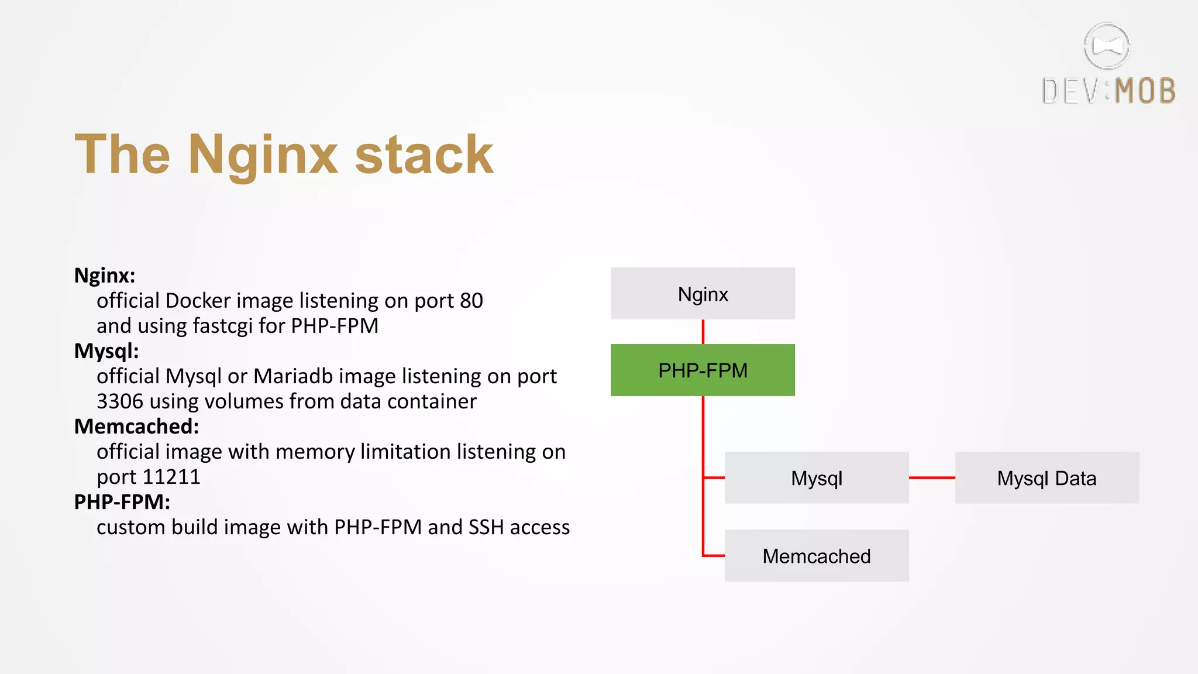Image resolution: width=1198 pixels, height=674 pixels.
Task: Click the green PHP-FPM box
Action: (703, 370)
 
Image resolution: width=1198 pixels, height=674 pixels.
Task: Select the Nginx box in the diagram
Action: (703, 294)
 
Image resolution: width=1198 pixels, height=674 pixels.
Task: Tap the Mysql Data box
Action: (1046, 477)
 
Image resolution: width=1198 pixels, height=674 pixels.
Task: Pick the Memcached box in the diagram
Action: (816, 555)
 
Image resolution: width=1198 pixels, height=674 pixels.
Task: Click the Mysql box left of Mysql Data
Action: (816, 477)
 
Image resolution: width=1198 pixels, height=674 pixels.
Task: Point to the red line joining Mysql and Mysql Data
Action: (931, 477)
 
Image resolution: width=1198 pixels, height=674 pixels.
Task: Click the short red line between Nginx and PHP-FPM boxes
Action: (703, 332)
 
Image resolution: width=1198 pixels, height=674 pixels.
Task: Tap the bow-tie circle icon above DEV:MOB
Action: (1106, 46)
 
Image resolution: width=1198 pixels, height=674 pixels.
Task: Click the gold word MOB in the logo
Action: (1145, 91)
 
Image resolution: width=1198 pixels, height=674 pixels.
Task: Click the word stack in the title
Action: (424, 154)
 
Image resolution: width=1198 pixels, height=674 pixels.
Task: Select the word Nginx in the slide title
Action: (263, 154)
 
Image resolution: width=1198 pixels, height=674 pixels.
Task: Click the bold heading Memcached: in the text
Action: (136, 427)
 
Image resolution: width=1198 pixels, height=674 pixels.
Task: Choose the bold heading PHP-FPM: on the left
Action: (122, 502)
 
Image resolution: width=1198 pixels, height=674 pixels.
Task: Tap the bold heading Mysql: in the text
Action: (106, 351)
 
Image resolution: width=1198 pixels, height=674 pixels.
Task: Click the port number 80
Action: (471, 301)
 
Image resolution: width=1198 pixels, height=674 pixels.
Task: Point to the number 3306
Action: (120, 401)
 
